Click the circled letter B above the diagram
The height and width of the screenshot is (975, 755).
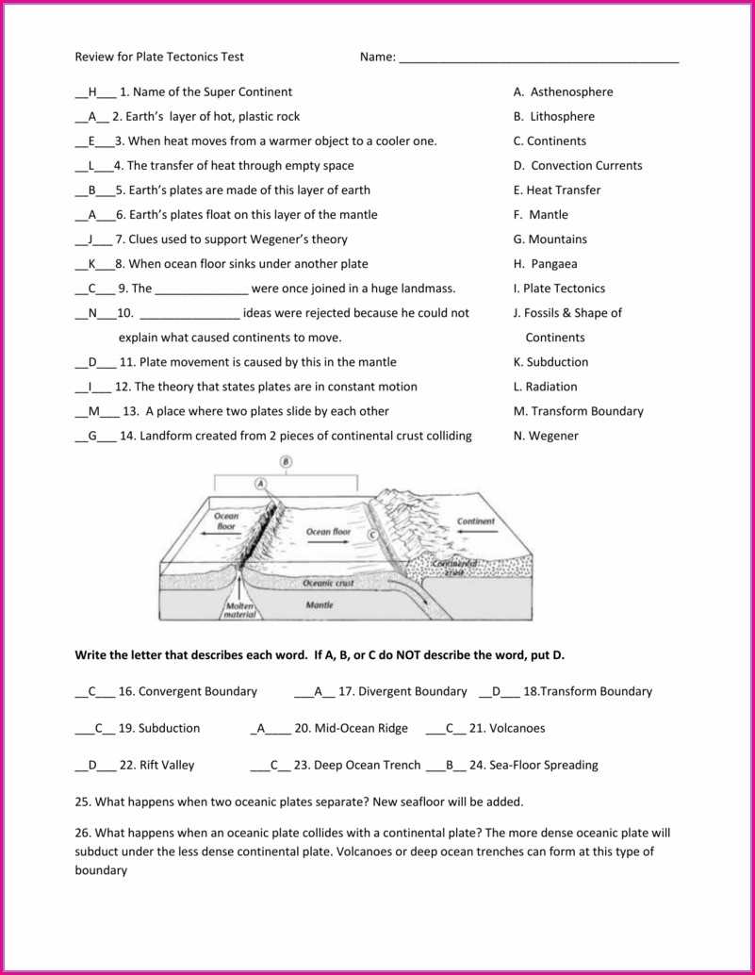click(x=286, y=461)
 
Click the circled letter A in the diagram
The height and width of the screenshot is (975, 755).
click(x=261, y=482)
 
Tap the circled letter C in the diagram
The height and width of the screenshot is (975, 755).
click(x=372, y=535)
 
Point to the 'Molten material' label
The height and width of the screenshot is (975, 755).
click(x=240, y=609)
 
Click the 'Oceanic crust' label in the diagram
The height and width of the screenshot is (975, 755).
click(x=328, y=583)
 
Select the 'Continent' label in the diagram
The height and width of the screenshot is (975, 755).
click(x=476, y=521)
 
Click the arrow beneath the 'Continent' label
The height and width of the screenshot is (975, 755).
click(x=476, y=533)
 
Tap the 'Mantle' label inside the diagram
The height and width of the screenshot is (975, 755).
click(x=320, y=604)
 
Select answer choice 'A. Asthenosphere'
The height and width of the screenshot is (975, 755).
click(x=563, y=92)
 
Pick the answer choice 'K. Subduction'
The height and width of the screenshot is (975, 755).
click(x=550, y=362)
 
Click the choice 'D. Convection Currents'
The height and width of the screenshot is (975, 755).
click(x=578, y=166)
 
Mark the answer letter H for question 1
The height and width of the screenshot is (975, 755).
click(x=92, y=92)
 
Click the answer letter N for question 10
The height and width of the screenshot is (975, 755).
click(x=92, y=313)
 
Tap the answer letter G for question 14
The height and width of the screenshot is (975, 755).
click(x=92, y=436)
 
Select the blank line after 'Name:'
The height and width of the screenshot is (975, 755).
click(x=538, y=58)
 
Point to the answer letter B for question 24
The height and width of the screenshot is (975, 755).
click(x=451, y=765)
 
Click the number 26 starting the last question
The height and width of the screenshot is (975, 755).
click(x=82, y=833)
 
